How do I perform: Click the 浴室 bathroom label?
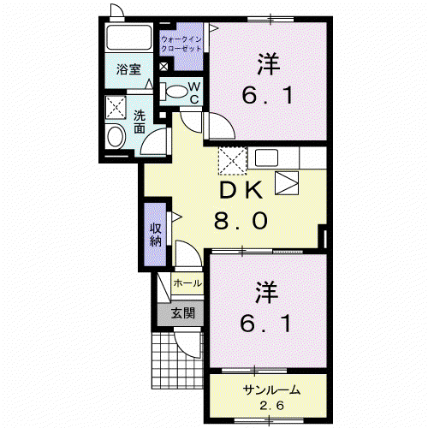pyautogui.click(x=128, y=69)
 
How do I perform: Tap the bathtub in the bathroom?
pyautogui.click(x=128, y=38)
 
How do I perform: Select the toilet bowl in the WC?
pyautogui.click(x=175, y=92)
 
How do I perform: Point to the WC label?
pyautogui.click(x=194, y=92)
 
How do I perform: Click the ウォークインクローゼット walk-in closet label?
pyautogui.click(x=181, y=44)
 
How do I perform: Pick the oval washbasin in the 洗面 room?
pyautogui.click(x=116, y=136)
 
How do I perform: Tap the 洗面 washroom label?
pyautogui.click(x=140, y=122)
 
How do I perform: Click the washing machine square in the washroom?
pyautogui.click(x=116, y=108)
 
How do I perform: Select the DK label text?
pyautogui.click(x=241, y=190)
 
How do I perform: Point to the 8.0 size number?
pyautogui.click(x=241, y=221)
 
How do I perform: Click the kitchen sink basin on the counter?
pyautogui.click(x=266, y=158)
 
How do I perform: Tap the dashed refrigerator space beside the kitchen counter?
pyautogui.click(x=233, y=161)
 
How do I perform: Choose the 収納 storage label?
pyautogui.click(x=156, y=235)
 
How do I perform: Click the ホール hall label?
pyautogui.click(x=187, y=283)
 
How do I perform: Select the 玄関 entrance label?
pyautogui.click(x=183, y=313)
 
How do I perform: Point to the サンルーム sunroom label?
pyautogui.click(x=271, y=389)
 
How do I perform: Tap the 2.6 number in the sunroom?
pyautogui.click(x=271, y=406)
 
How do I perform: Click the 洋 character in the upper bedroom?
pyautogui.click(x=268, y=64)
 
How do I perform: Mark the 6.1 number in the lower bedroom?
pyautogui.click(x=265, y=324)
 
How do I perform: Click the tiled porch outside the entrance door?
pyautogui.click(x=177, y=360)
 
